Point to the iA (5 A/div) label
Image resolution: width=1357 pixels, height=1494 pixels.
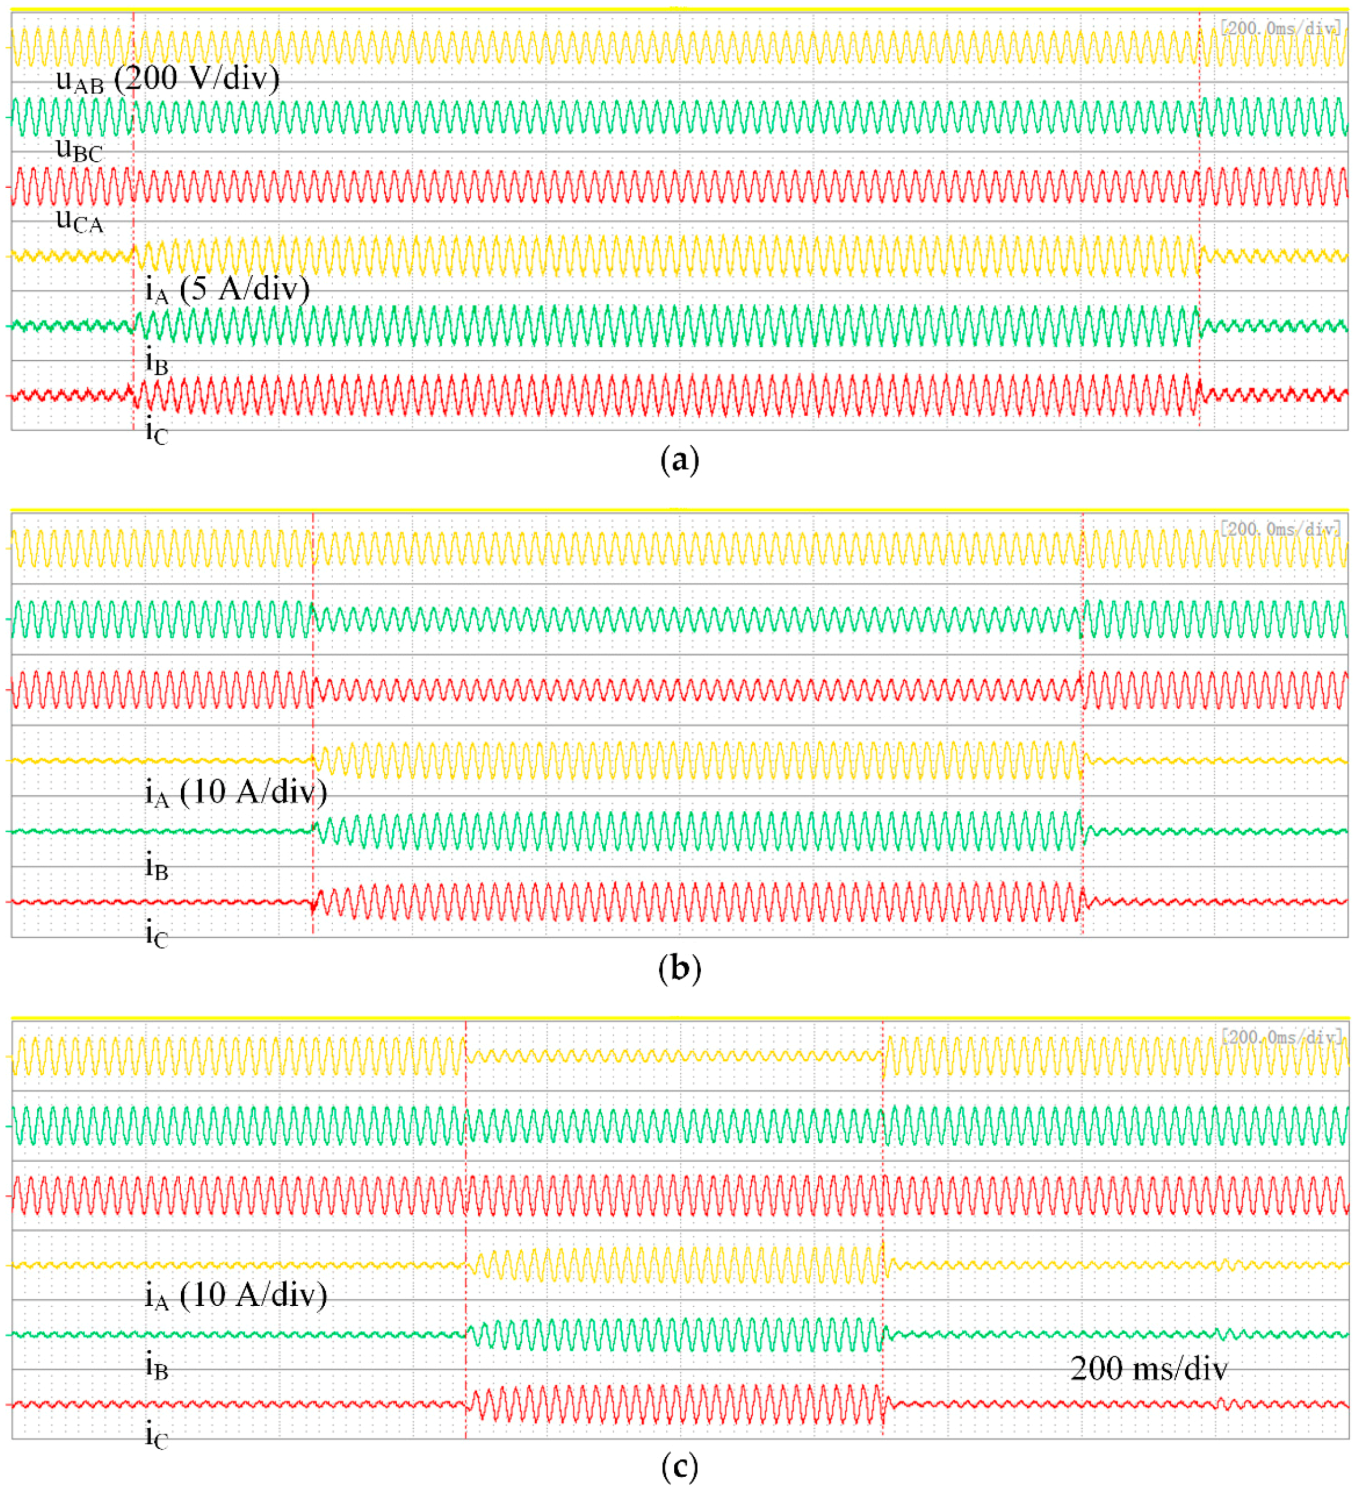pyautogui.click(x=226, y=290)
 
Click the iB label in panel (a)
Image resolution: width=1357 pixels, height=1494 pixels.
pyautogui.click(x=156, y=362)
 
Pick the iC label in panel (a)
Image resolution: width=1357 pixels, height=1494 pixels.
pyautogui.click(x=156, y=431)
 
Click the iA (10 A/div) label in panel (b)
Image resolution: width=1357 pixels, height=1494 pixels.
pyautogui.click(x=235, y=793)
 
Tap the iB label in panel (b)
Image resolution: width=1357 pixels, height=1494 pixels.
pyautogui.click(x=156, y=865)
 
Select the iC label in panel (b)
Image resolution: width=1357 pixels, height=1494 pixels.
pyautogui.click(x=156, y=935)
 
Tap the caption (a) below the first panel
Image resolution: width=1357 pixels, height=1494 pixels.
pyautogui.click(x=678, y=460)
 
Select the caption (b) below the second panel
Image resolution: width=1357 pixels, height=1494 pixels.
pyautogui.click(x=678, y=968)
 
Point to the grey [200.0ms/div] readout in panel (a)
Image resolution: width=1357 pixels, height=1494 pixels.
pyautogui.click(x=1280, y=28)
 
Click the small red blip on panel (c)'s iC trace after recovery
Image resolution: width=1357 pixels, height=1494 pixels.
pyautogui.click(x=1226, y=1403)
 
